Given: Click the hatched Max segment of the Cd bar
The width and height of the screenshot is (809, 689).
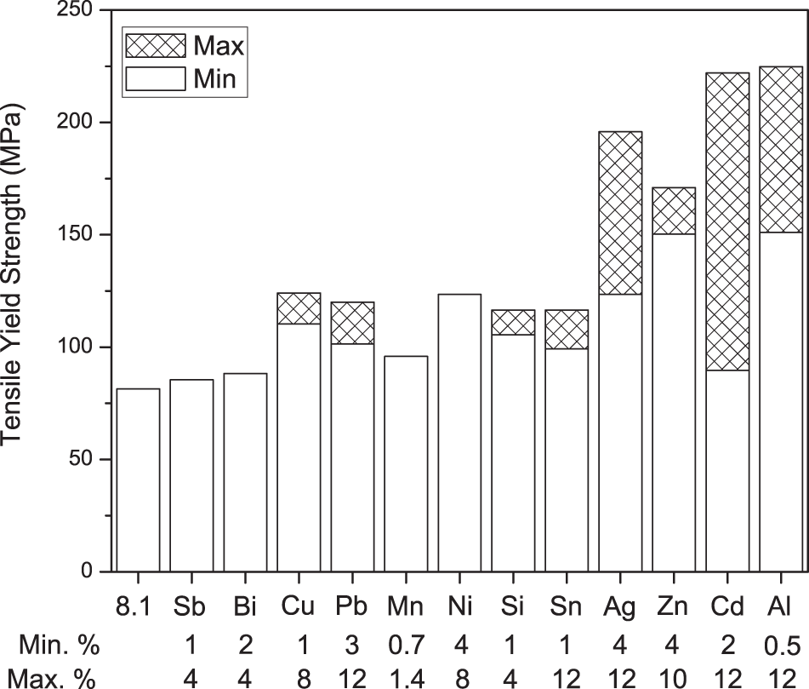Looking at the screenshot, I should pos(727,221).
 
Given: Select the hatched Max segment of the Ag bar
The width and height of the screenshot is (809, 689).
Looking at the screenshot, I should pos(620,213).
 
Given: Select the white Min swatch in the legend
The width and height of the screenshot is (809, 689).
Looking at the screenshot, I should pos(154,79).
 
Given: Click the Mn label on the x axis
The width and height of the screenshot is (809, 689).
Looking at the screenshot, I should pos(406,607).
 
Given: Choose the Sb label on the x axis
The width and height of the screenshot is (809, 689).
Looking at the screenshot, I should pos(191,607).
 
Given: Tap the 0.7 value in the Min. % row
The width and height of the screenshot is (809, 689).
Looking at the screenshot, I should pos(406,645).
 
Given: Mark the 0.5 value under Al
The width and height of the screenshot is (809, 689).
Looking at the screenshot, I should pos(780,645).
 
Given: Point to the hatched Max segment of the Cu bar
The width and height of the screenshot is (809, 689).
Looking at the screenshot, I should pos(299,308).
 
